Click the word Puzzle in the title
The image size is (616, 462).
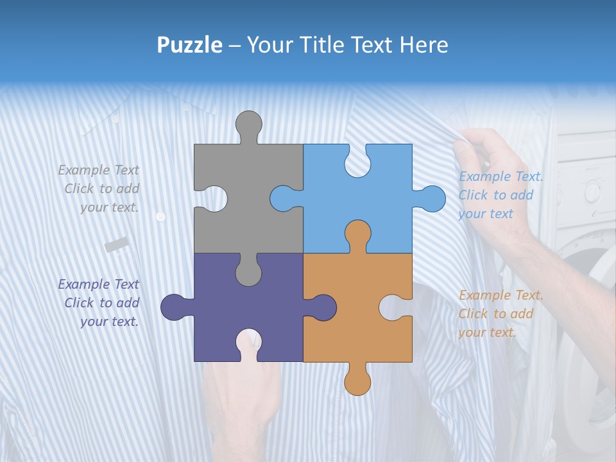click(x=189, y=46)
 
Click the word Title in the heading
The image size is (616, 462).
click(x=343, y=45)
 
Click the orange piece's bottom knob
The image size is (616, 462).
click(x=357, y=381)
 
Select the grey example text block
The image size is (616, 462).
click(x=99, y=189)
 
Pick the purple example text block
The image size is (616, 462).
click(x=99, y=303)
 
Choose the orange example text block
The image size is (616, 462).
click(x=499, y=314)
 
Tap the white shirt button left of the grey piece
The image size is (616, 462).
click(x=160, y=218)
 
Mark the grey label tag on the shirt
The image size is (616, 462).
click(x=117, y=244)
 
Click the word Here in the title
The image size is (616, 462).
click(x=424, y=45)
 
